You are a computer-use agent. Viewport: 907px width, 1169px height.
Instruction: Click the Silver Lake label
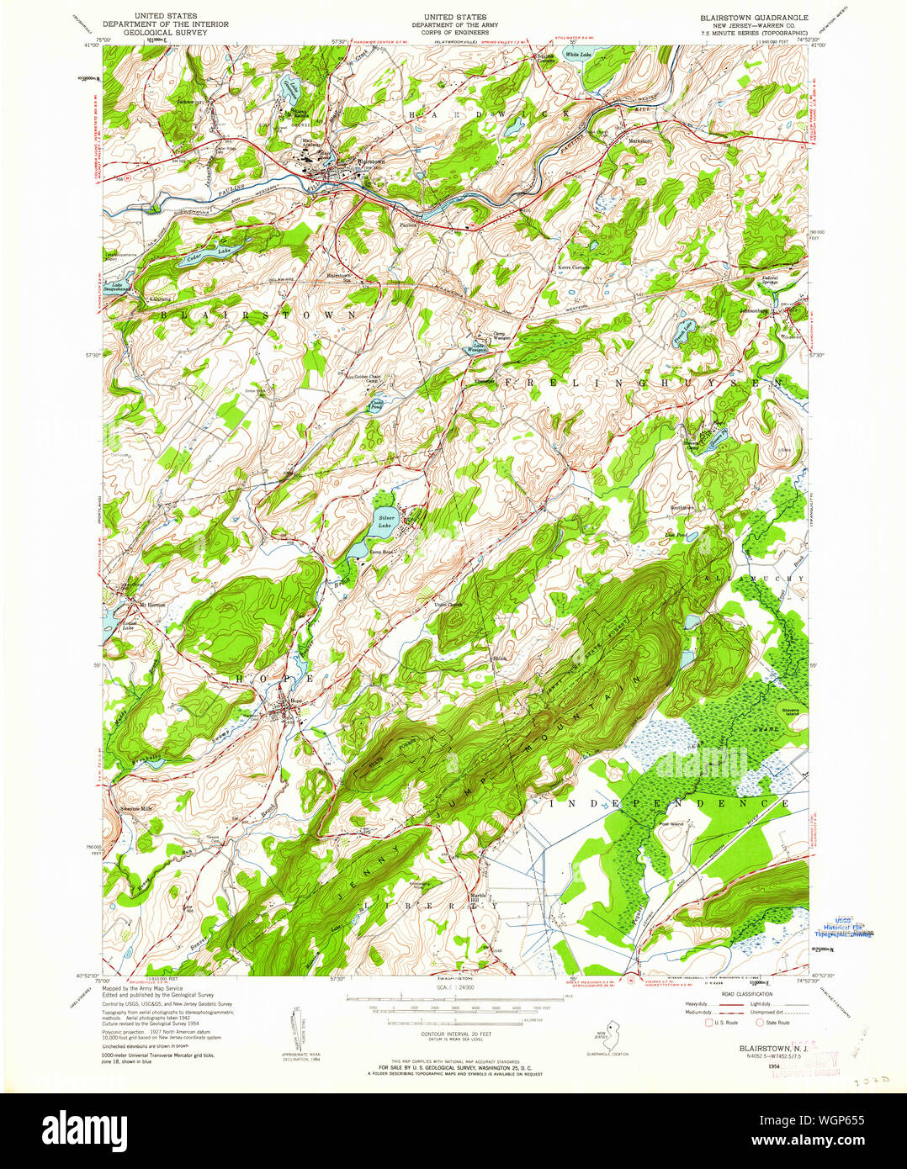386,521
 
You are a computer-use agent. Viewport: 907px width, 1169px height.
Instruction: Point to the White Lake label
578,55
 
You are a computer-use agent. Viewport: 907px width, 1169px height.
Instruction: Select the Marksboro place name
643,140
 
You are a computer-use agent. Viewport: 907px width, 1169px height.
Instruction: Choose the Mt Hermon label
152,605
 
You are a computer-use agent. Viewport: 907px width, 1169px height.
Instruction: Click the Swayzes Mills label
135,807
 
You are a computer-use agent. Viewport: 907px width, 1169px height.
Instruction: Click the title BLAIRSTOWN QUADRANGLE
753,17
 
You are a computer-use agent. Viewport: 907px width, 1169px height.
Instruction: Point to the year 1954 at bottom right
761,1066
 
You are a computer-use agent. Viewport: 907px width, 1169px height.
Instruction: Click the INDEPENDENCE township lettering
670,804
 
